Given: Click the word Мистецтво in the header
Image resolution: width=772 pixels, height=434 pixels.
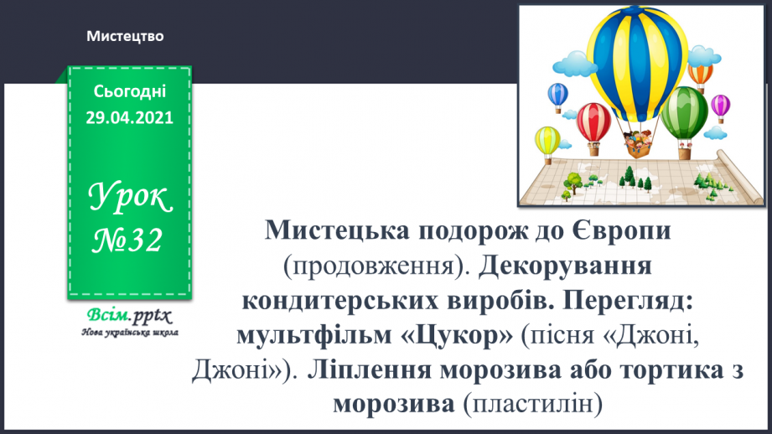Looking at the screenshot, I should coord(124,36).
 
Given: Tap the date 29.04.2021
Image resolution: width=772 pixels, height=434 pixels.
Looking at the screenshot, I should coord(129,118).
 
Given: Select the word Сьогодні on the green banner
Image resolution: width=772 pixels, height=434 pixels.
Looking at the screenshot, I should coord(129,91).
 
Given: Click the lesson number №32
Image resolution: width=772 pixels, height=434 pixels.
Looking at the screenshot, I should coord(129,241).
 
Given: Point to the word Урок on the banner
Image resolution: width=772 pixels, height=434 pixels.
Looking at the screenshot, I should coord(129,199).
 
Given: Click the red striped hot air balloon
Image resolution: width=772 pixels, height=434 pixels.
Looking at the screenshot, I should coord(594,118).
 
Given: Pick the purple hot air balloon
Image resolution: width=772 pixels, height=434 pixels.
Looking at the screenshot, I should coord(720,105).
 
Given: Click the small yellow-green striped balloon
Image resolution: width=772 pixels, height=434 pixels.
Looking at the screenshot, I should coord(548,137).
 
